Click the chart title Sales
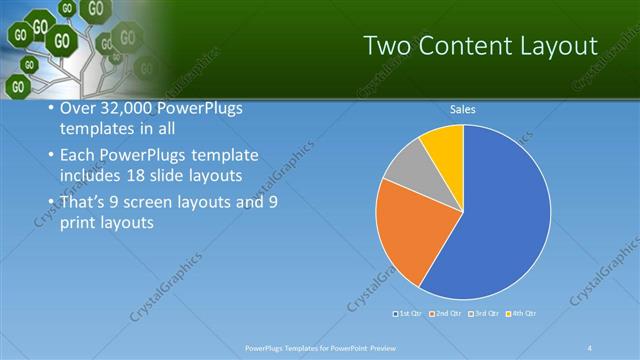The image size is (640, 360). click(x=462, y=110)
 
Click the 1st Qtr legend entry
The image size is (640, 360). click(x=407, y=314)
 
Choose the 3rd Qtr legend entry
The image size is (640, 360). click(x=483, y=314)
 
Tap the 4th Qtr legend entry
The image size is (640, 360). click(x=522, y=314)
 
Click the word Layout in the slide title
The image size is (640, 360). click(x=550, y=46)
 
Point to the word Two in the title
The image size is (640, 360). click(x=384, y=46)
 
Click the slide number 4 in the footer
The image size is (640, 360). click(x=589, y=347)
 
